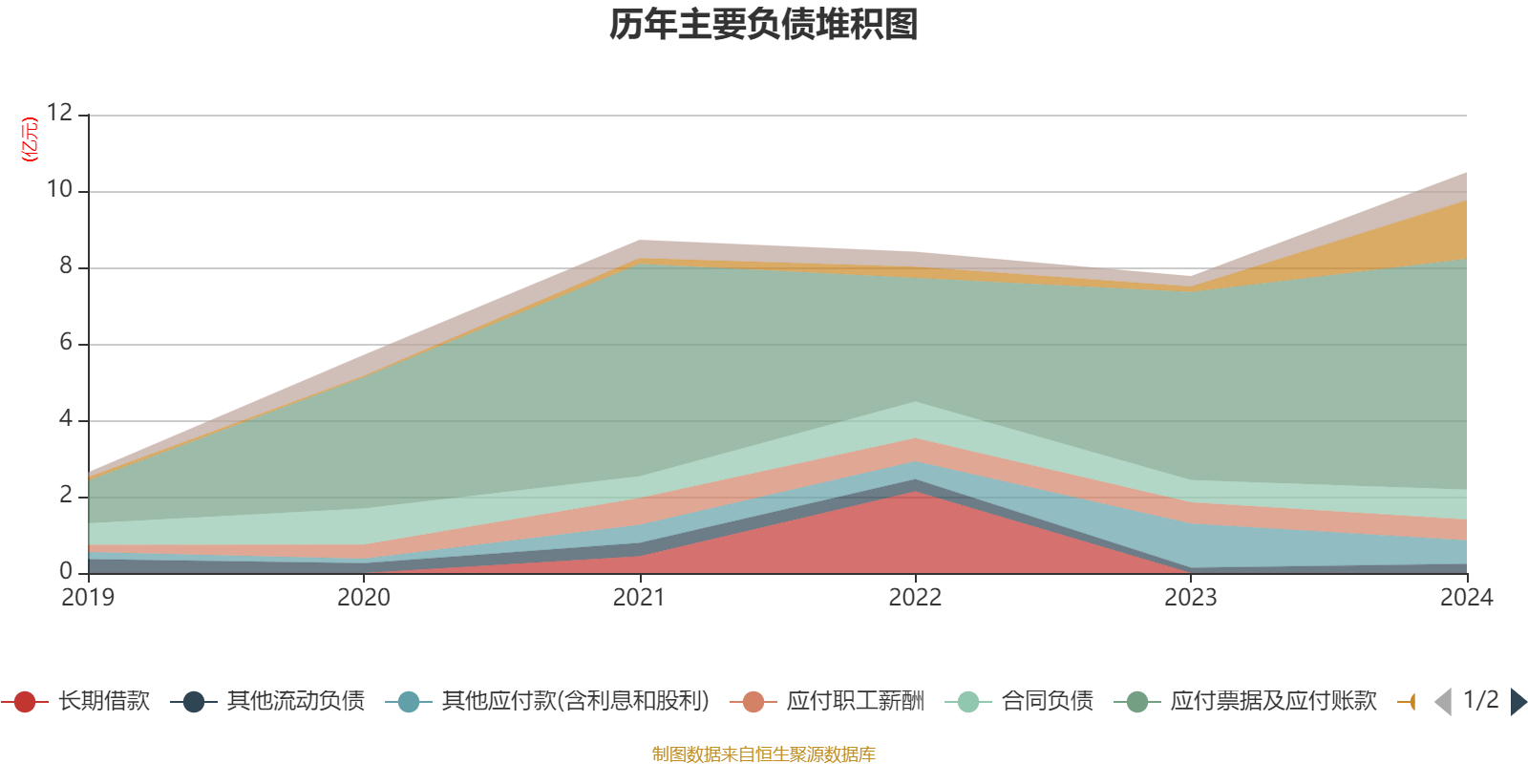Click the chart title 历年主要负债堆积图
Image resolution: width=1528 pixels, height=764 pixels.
(764, 25)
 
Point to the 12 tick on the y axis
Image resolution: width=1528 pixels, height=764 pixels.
(59, 113)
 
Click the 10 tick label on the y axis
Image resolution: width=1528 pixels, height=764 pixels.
(59, 189)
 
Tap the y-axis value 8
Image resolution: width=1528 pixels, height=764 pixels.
(65, 265)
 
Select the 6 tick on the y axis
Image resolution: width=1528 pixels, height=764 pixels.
(65, 342)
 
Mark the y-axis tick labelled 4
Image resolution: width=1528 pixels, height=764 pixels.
(65, 418)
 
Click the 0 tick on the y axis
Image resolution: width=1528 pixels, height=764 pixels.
(65, 571)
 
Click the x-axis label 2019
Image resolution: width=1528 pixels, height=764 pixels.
(88, 598)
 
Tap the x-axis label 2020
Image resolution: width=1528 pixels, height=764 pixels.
(364, 598)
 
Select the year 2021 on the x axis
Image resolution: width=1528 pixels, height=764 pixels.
(639, 598)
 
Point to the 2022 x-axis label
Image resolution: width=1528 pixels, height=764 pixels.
(915, 598)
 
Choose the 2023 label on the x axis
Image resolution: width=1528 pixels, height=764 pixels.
(1190, 598)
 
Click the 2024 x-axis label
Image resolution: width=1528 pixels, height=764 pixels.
(1466, 598)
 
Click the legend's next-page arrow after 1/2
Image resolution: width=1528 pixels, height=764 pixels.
(1517, 702)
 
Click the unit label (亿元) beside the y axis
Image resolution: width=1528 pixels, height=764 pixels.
(31, 139)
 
